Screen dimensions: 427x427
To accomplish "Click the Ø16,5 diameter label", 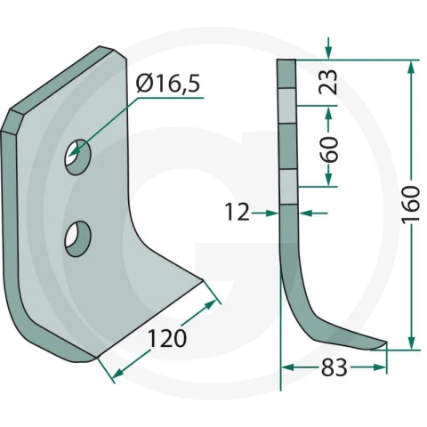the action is [168, 84].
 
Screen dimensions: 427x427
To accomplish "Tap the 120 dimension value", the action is [167, 338].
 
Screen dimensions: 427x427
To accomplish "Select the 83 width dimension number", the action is [334, 367].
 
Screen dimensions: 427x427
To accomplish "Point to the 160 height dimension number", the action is [411, 205].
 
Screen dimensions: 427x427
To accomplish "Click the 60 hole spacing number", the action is [328, 149].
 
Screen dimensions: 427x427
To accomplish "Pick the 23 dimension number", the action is [328, 82].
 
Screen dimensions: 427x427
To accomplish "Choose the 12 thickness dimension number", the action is [238, 213].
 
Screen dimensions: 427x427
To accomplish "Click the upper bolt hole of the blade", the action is [77, 157].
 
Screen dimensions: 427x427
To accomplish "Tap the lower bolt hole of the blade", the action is [77, 238].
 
